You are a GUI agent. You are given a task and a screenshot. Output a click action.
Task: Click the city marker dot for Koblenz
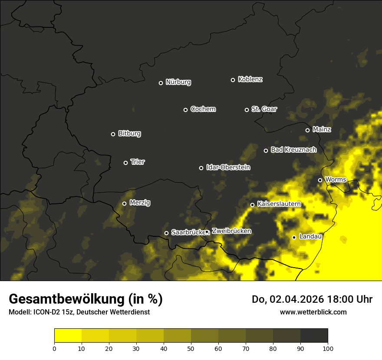point(233,80)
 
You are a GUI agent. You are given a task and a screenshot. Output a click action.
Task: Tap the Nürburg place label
point(178,82)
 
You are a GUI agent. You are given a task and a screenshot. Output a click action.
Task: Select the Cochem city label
point(203,109)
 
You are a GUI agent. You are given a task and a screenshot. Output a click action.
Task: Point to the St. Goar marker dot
point(247,110)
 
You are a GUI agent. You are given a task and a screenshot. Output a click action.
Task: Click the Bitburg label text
point(129,134)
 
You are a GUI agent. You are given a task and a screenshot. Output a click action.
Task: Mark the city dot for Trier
point(125,163)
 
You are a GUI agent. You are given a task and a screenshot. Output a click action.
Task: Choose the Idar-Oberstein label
point(228,167)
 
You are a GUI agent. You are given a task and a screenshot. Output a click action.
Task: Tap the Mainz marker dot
point(307,130)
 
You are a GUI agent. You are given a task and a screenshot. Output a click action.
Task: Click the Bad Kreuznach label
point(293,150)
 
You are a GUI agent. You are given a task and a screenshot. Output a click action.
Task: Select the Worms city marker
point(320,180)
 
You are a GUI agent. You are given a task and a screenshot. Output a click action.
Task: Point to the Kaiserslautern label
point(279,204)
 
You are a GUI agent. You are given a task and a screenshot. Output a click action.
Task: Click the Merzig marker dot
point(124,203)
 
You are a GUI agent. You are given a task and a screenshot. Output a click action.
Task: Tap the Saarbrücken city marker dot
point(166,233)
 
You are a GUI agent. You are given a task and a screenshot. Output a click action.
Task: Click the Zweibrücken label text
point(231,231)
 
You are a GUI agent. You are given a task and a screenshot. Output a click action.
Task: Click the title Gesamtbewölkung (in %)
point(86,299)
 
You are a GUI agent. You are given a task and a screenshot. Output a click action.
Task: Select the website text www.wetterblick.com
point(313,312)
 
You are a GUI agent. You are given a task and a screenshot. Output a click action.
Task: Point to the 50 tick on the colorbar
point(191,348)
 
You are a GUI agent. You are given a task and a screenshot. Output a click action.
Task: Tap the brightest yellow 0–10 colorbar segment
point(68,336)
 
